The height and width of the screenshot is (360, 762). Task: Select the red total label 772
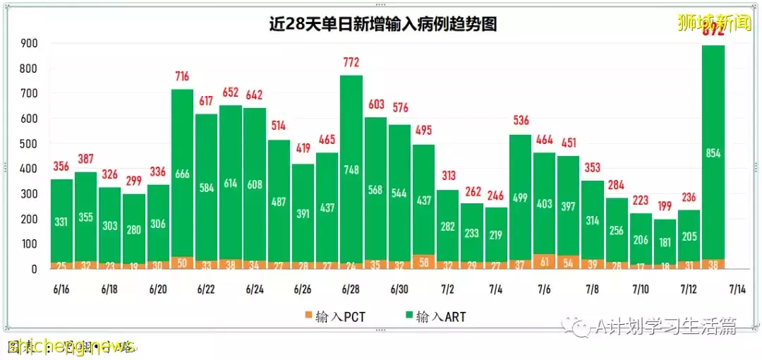point(351,64)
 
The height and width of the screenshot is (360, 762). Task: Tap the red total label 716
point(183,76)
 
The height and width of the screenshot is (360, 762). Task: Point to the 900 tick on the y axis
point(29,44)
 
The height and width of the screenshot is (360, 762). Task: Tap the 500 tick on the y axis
point(29,144)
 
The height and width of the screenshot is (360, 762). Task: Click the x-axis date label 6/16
point(61,289)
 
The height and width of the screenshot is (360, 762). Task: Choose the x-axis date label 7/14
point(737,289)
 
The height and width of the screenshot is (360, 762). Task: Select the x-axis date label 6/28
point(351,289)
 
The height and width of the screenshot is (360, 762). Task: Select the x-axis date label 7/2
point(447,289)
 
